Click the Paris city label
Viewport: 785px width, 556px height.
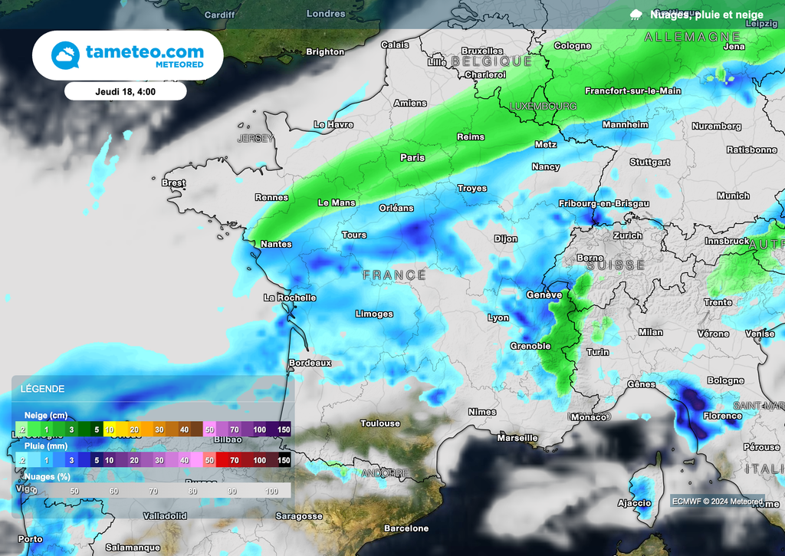point(412,157)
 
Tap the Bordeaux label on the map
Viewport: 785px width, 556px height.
point(310,363)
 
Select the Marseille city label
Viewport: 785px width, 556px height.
point(517,438)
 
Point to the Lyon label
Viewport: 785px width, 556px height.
point(498,317)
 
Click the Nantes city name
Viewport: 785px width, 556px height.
point(276,244)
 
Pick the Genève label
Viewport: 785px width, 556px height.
point(544,294)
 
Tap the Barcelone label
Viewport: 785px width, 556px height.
point(406,528)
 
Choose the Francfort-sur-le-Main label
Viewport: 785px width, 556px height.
point(632,90)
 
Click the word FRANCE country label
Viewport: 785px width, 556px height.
point(394,275)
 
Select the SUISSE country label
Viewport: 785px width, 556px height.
point(616,265)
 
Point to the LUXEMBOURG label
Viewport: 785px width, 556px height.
point(543,106)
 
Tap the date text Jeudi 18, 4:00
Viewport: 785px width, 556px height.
point(126,91)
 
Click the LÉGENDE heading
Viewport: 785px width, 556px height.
point(44,389)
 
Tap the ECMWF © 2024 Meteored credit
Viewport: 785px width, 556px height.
point(718,501)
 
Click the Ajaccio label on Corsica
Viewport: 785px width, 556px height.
point(634,503)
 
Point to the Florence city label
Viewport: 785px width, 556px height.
point(721,416)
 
